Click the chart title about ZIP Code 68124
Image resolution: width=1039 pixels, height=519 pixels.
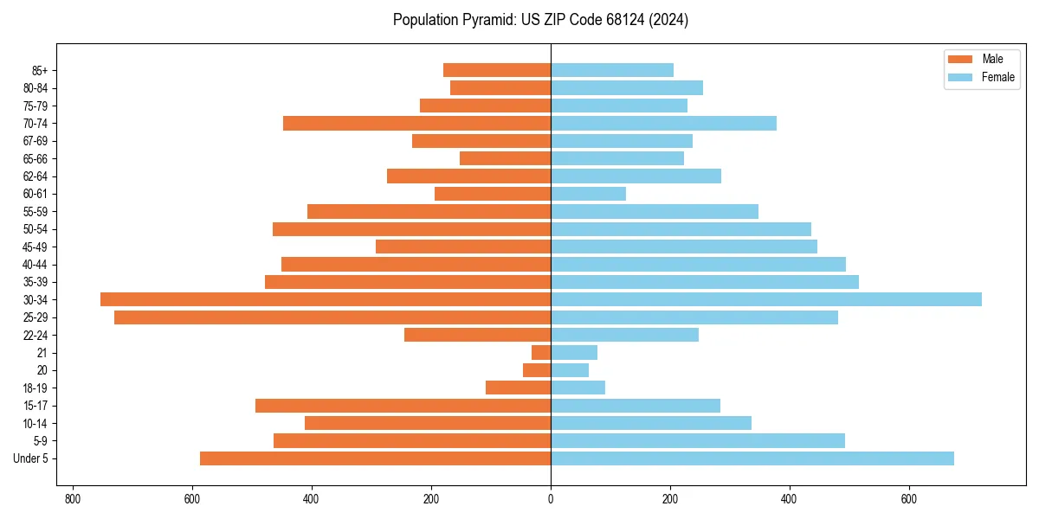click(540, 20)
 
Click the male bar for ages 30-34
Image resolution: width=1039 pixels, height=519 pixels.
click(326, 299)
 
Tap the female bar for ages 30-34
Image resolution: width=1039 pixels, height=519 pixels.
click(766, 299)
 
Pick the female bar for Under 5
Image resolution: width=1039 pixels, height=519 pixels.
click(752, 458)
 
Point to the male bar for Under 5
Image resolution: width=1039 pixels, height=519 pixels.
click(375, 458)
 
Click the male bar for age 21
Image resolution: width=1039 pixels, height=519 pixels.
click(541, 353)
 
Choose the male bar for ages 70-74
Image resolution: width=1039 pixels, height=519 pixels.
click(416, 124)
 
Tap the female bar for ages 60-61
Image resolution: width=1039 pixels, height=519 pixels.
click(588, 194)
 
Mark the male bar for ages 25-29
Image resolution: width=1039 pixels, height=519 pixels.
click(332, 317)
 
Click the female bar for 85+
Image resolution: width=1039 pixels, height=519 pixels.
click(612, 70)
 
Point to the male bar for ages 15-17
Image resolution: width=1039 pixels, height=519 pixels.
click(403, 406)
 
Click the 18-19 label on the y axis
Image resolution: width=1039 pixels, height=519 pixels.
click(35, 388)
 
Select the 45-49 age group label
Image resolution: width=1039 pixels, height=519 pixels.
click(35, 247)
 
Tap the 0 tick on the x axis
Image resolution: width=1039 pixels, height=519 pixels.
click(551, 499)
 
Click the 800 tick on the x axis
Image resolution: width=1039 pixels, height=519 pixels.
click(73, 499)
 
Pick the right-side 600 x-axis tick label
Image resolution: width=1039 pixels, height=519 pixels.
click(908, 499)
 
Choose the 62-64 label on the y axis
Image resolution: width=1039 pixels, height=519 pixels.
click(35, 176)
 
